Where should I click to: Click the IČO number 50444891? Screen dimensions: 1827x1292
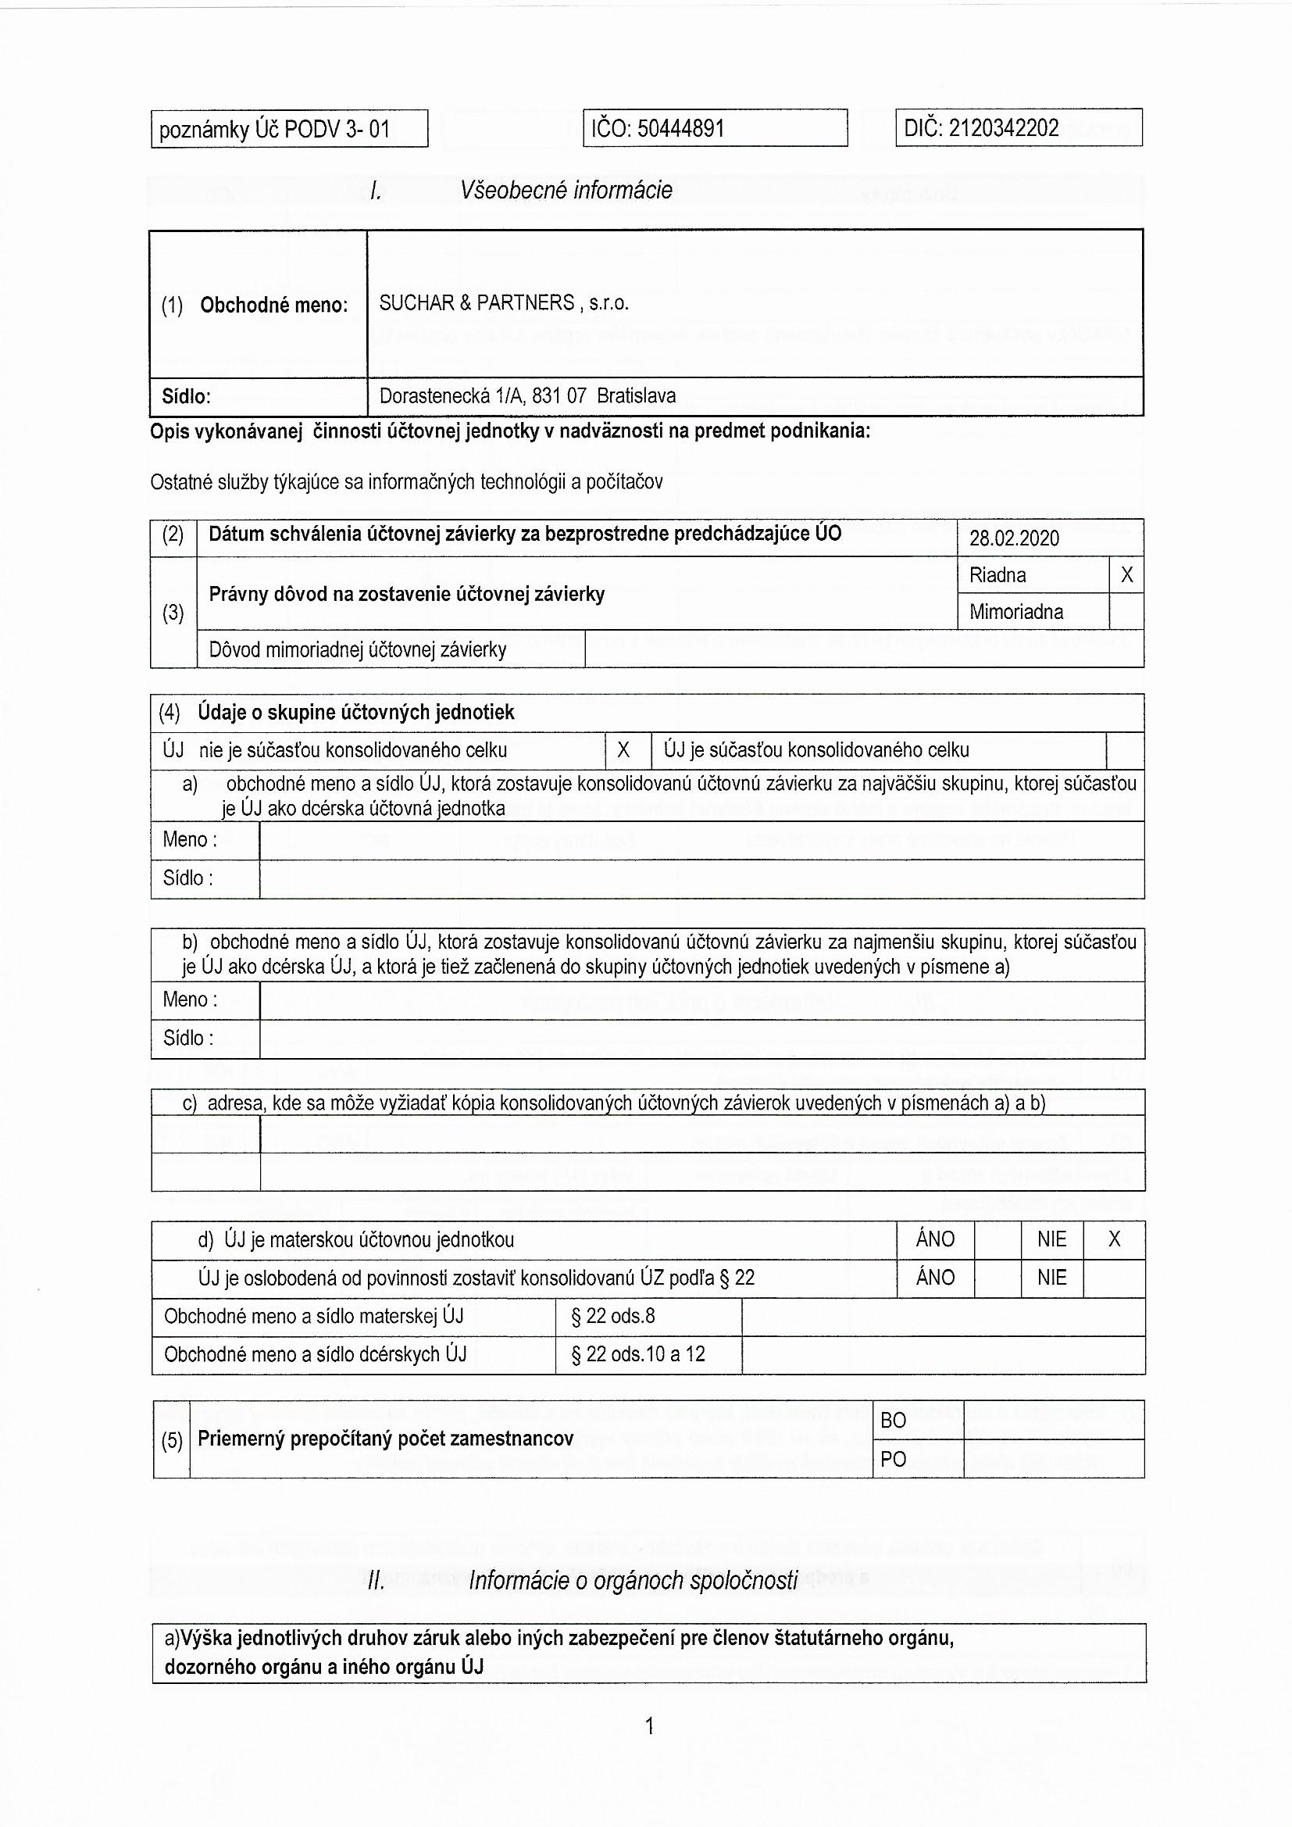click(x=681, y=128)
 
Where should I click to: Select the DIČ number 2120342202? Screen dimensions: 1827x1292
click(x=1004, y=128)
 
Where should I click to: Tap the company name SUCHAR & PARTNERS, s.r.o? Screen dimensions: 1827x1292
click(x=504, y=303)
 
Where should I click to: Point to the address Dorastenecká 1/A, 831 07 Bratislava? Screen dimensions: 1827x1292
click(x=527, y=395)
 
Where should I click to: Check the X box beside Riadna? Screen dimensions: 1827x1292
click(x=1126, y=574)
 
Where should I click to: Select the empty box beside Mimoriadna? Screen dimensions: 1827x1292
click(x=1126, y=611)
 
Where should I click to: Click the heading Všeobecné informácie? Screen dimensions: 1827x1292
click(x=566, y=190)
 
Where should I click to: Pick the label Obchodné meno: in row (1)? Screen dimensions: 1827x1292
click(x=273, y=305)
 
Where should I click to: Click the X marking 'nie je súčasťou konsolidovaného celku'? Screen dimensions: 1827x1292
click(x=623, y=749)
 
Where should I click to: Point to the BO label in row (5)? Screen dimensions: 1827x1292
click(x=894, y=1421)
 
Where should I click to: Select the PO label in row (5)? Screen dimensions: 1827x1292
click(x=894, y=1459)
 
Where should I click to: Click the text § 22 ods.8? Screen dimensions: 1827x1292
click(x=612, y=1316)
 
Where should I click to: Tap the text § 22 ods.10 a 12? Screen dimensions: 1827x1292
click(x=638, y=1353)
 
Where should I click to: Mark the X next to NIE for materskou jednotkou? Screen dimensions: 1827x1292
click(x=1114, y=1239)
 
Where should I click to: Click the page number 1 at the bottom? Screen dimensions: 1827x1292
click(x=649, y=1727)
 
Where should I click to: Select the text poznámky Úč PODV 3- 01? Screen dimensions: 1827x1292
click(x=274, y=129)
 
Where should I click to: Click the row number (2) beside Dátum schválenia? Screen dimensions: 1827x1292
click(x=173, y=535)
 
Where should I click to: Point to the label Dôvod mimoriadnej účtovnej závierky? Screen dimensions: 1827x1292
click(x=357, y=649)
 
